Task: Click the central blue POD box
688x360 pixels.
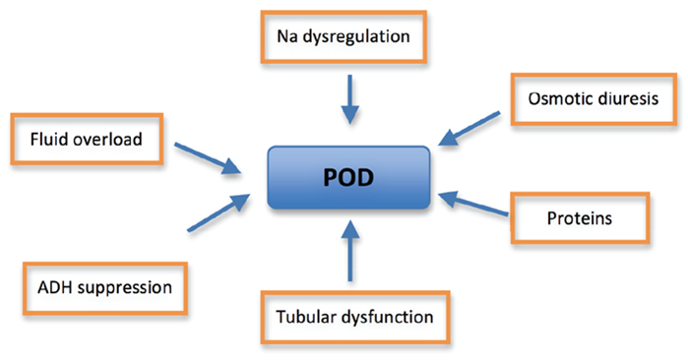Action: click(x=349, y=178)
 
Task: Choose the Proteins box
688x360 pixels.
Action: click(x=581, y=218)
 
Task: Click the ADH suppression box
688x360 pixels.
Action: click(x=98, y=288)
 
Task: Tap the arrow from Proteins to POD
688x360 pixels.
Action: click(x=469, y=205)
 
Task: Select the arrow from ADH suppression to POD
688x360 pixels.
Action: click(x=216, y=213)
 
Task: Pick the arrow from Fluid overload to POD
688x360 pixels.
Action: click(x=210, y=158)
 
